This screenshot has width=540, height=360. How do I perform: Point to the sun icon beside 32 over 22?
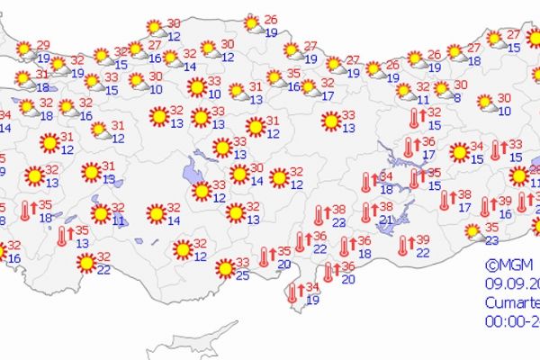point(86,262)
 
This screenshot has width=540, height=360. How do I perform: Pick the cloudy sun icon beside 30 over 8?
point(442,89)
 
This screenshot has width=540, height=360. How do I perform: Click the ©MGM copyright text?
point(504,265)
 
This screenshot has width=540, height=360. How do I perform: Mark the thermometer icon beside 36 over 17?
point(409,148)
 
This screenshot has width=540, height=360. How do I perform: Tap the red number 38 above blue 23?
point(338,210)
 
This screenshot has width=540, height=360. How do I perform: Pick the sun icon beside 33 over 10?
point(196,87)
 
